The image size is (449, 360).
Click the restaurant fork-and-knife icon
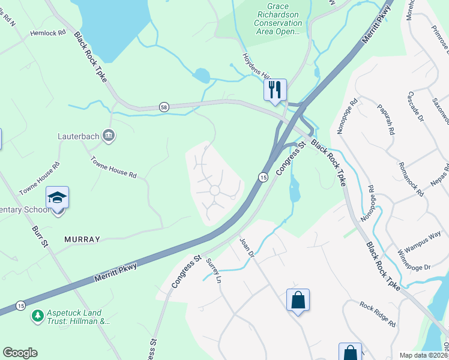(275, 90)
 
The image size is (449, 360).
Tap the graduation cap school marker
(58, 197)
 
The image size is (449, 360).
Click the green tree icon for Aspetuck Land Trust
(37, 315)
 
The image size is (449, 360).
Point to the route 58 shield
(164, 107)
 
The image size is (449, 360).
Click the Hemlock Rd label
(47, 34)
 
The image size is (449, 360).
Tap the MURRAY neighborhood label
(82, 239)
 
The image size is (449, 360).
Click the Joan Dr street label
(247, 247)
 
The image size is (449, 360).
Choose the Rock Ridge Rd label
(378, 314)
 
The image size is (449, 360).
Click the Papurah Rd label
(385, 118)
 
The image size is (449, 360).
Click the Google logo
(20, 353)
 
